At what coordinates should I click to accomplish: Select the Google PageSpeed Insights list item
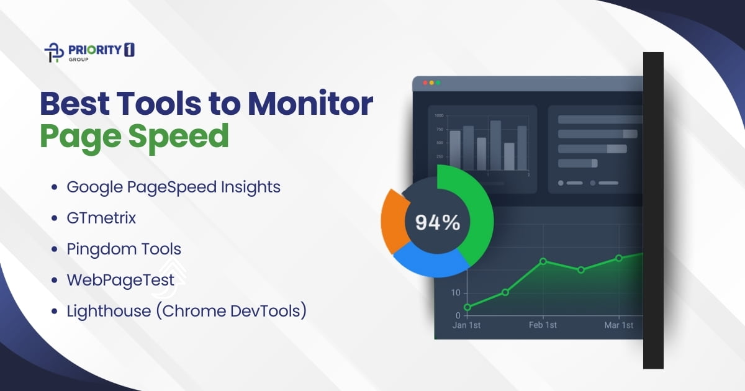click(x=173, y=187)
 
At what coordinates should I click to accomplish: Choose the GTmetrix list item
click(x=101, y=218)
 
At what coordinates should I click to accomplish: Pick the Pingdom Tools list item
click(x=124, y=249)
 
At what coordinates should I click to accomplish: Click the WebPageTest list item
click(x=120, y=281)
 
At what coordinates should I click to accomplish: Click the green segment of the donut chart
click(x=476, y=217)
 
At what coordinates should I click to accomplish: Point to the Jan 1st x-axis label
click(x=467, y=325)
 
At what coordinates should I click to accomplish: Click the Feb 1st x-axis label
click(x=543, y=325)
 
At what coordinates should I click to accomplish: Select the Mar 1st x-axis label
click(x=619, y=325)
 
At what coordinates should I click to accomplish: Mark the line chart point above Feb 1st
click(x=543, y=261)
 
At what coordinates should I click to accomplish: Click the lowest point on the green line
click(x=467, y=307)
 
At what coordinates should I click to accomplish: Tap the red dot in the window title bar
click(x=425, y=83)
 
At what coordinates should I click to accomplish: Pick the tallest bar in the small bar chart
click(x=495, y=145)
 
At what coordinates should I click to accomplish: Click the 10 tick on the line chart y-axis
click(x=456, y=293)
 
